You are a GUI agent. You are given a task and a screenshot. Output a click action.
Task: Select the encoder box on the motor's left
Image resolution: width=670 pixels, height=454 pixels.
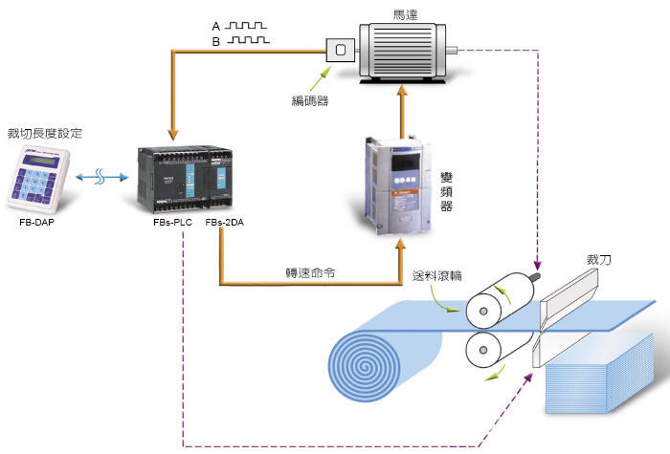339,51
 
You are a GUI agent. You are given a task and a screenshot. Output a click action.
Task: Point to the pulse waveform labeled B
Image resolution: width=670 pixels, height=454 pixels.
246,41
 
